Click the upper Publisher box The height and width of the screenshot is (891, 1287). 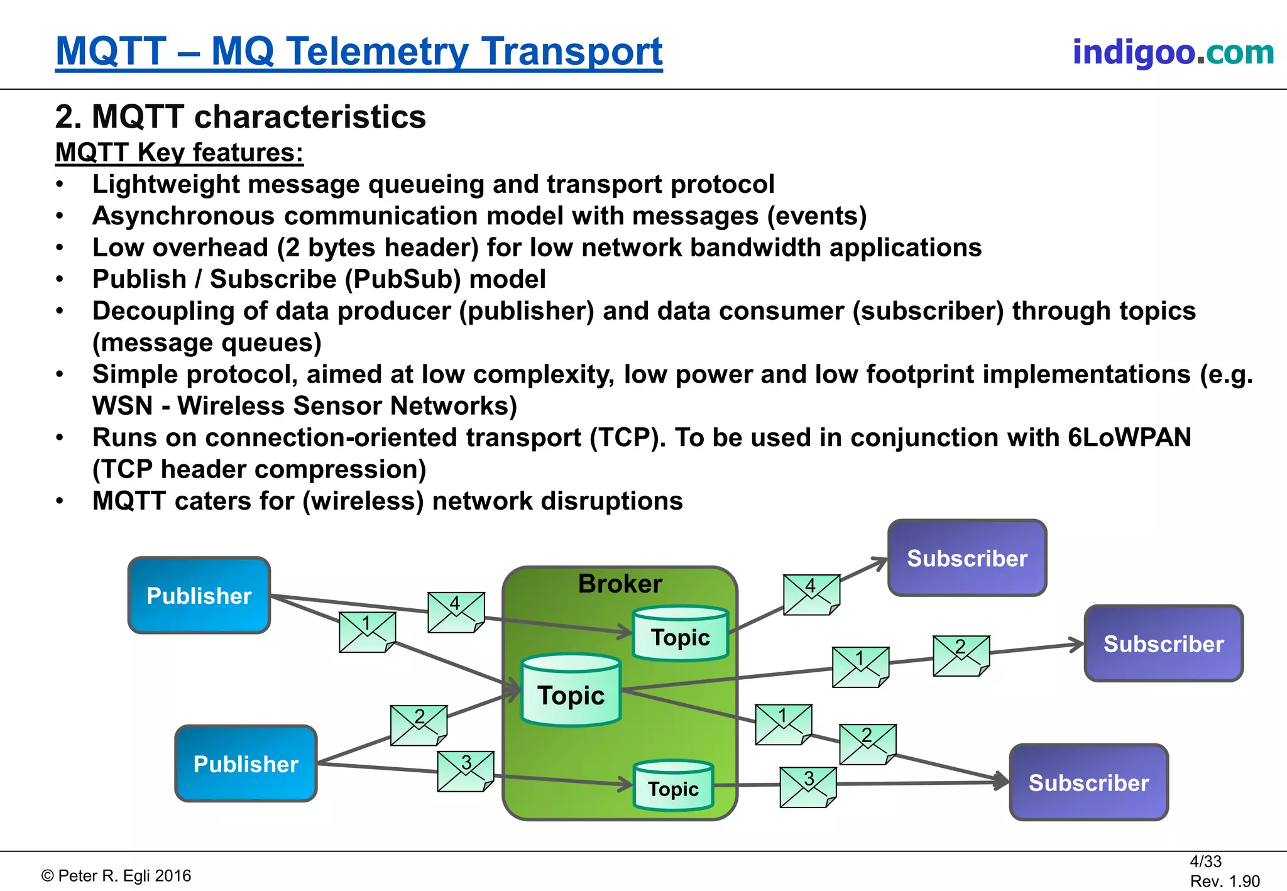199,595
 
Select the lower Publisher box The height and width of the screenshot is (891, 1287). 246,763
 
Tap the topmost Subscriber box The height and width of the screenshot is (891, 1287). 967,558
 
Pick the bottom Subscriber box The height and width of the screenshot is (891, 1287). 1088,782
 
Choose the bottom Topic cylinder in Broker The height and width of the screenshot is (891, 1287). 673,786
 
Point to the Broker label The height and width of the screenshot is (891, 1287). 620,584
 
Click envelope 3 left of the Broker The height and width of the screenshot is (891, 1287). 466,772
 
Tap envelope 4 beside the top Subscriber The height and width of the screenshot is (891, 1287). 811,594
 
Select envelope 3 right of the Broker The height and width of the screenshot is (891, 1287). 808,787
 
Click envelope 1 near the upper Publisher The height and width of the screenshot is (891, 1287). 367,632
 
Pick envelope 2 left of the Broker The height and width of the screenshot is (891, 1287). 419,725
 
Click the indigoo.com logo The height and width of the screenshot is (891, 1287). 1173,52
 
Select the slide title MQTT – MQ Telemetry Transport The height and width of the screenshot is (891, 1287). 359,52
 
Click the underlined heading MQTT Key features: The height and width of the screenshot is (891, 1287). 179,153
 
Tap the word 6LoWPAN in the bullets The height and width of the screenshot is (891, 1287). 1129,437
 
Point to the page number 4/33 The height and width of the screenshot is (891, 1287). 1205,861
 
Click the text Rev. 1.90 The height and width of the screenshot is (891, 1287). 1224,881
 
